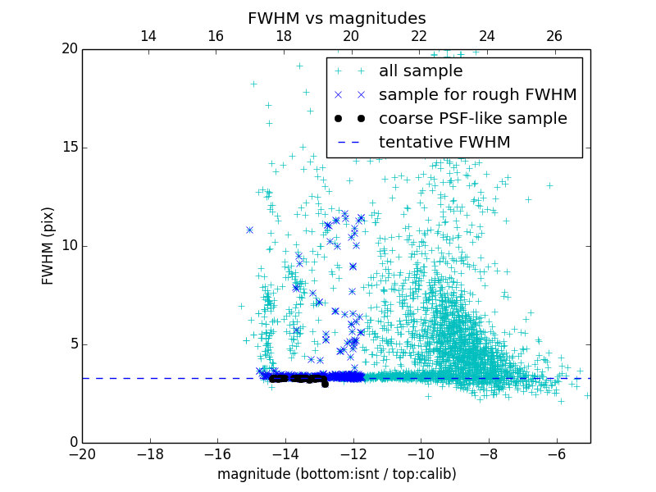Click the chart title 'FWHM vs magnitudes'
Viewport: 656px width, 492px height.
(336, 18)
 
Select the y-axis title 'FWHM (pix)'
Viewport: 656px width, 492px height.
(48, 246)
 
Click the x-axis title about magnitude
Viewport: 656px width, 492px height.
(336, 474)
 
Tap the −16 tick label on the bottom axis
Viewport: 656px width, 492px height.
(217, 453)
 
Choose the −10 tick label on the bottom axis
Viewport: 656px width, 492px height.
(421, 453)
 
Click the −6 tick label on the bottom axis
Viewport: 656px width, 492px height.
(556, 453)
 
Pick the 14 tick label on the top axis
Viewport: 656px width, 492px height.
(148, 36)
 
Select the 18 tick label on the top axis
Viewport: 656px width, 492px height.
(284, 36)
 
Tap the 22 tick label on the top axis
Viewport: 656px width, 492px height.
(419, 36)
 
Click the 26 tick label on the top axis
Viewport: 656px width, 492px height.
(554, 36)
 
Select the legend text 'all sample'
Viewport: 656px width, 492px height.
(421, 71)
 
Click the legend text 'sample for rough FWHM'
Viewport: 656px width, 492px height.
(478, 95)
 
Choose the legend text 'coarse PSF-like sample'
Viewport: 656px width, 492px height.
(473, 119)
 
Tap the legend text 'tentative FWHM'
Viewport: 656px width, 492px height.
(444, 143)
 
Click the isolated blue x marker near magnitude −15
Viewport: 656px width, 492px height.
(249, 230)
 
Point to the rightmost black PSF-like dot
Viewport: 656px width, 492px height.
(325, 383)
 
